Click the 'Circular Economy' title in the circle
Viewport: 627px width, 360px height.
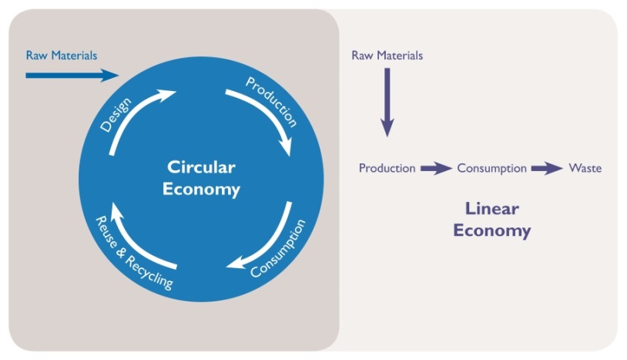(x=201, y=177)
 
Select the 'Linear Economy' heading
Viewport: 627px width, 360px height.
(x=491, y=219)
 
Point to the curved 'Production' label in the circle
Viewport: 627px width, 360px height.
(x=271, y=100)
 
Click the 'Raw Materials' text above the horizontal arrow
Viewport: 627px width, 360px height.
(x=62, y=56)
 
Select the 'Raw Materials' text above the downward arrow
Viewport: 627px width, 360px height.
(x=387, y=56)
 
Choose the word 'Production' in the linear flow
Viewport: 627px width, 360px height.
(x=387, y=168)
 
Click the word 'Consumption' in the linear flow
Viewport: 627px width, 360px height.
(x=491, y=168)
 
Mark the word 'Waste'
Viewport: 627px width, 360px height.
(x=585, y=168)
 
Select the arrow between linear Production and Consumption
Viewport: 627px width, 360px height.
(x=435, y=169)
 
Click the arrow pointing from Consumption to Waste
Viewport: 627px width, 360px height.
(x=547, y=169)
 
